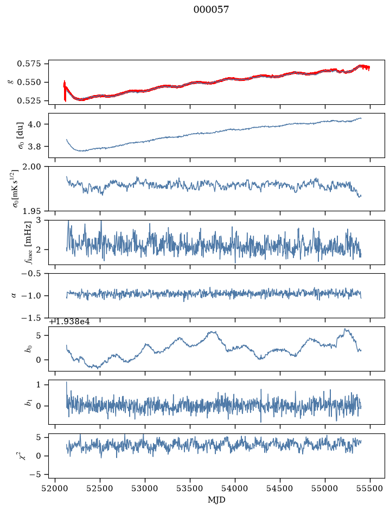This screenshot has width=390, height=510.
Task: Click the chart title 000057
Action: pyautogui.click(x=211, y=10)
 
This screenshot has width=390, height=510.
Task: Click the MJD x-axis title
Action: pyautogui.click(x=216, y=500)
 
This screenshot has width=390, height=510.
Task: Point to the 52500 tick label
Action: pyautogui.click(x=100, y=488)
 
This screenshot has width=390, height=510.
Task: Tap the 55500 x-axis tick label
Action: pyautogui.click(x=370, y=488)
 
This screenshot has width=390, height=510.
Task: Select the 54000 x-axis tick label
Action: pyautogui.click(x=235, y=488)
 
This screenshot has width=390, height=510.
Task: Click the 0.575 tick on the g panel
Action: pyautogui.click(x=29, y=64)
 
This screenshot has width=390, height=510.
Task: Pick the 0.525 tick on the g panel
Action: pyautogui.click(x=29, y=101)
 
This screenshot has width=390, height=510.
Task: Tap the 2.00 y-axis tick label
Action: pyautogui.click(x=33, y=167)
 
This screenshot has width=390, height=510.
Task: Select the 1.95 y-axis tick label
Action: pyautogui.click(x=33, y=211)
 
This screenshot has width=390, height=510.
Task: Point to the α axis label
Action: pyautogui.click(x=14, y=295)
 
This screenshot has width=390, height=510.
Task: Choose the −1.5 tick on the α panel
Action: pyautogui.click(x=31, y=318)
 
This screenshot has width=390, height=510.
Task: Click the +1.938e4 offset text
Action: pyautogui.click(x=69, y=322)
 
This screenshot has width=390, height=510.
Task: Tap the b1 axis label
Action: pyautogui.click(x=29, y=402)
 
